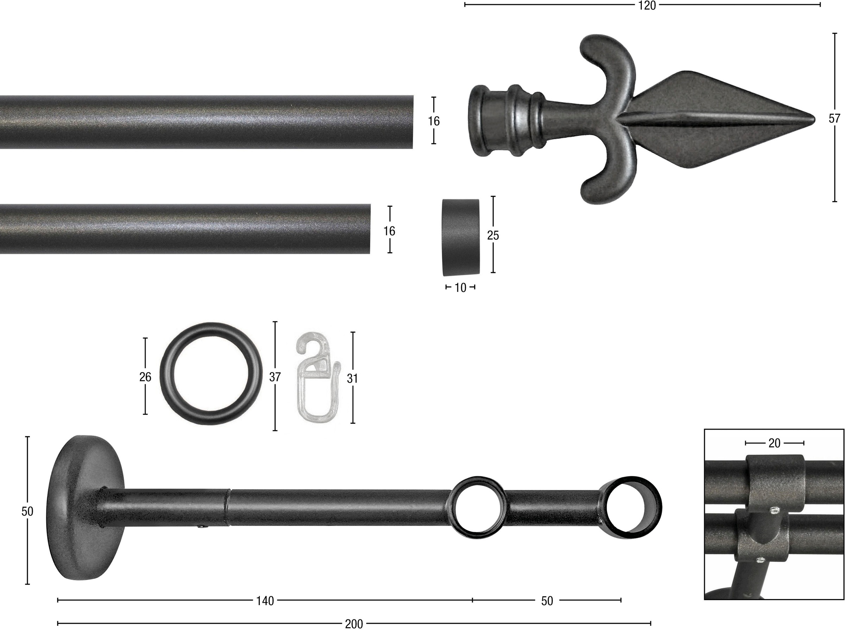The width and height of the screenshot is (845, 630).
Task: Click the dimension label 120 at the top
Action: click(647, 6)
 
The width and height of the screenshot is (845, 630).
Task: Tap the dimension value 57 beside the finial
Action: click(834, 119)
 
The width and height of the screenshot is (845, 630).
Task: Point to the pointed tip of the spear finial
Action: click(814, 119)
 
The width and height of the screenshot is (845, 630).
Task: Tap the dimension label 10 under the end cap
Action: click(460, 288)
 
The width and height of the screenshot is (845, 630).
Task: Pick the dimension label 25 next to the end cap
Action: click(493, 236)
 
